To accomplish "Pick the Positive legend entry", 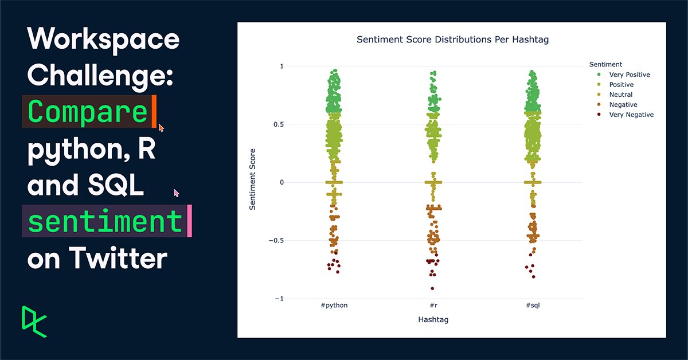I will tap(621, 85).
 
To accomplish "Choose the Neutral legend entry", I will tap(620, 95).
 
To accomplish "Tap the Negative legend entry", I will tap(623, 105).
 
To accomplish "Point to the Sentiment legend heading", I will tap(605, 65).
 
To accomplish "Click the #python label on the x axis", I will tap(334, 306).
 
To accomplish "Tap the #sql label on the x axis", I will tap(533, 306).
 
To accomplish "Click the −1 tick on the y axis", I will tap(279, 299).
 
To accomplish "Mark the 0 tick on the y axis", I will tap(282, 182).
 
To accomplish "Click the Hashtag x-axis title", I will tap(433, 320).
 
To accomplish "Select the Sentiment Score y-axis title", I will tap(253, 179).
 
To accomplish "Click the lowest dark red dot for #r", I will tap(432, 288).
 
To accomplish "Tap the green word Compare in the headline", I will tap(88, 112).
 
